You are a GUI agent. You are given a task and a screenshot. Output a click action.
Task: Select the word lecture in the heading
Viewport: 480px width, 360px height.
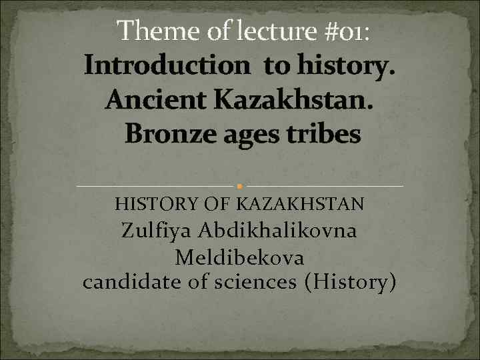(x=263, y=31)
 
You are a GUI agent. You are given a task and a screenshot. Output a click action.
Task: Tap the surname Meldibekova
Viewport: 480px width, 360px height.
(x=240, y=257)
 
